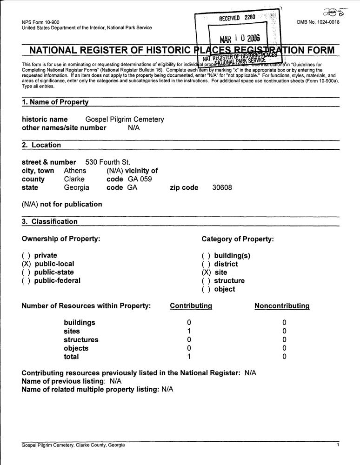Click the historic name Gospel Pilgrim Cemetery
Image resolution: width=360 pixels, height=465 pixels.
[x=125, y=120]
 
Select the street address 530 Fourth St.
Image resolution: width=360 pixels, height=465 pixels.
[x=107, y=162]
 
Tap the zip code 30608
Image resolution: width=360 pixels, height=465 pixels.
[x=222, y=188]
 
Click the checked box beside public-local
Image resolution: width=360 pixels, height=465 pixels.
[x=26, y=264]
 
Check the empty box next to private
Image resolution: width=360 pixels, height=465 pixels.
[x=26, y=255]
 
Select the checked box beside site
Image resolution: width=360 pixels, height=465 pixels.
[x=206, y=272]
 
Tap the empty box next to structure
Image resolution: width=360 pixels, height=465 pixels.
[x=206, y=281]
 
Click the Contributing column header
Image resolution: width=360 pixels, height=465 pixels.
[x=191, y=306]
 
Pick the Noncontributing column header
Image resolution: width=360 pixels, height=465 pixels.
[x=282, y=306]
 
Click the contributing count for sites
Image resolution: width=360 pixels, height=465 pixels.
[x=189, y=331]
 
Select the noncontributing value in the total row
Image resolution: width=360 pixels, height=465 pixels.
[x=284, y=357]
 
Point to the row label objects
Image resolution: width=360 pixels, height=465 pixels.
[x=76, y=348]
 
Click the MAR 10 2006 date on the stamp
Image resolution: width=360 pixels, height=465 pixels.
[x=240, y=38]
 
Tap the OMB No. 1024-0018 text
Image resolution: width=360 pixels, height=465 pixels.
[x=318, y=22]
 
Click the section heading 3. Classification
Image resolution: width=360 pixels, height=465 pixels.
[x=50, y=222]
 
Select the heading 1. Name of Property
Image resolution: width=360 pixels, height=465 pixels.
[x=55, y=102]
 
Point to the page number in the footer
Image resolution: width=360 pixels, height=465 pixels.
[x=338, y=445]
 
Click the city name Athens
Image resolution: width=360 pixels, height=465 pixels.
[x=75, y=171]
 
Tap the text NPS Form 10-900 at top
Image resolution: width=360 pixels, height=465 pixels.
[x=40, y=22]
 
